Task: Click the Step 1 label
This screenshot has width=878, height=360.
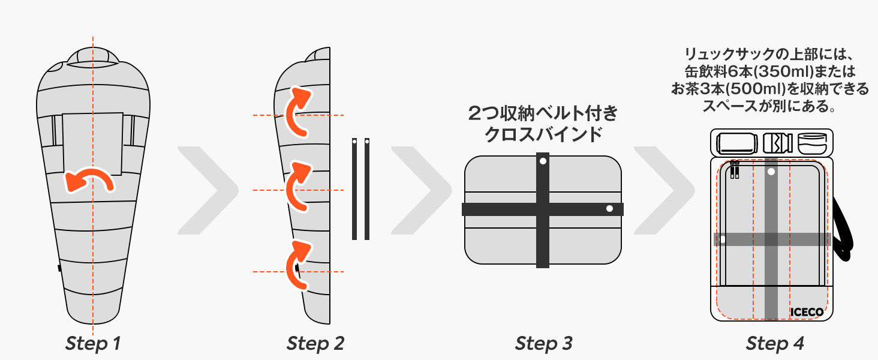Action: (x=93, y=344)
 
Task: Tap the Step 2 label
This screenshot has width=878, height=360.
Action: (x=315, y=344)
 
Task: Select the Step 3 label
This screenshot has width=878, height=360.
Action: (x=543, y=344)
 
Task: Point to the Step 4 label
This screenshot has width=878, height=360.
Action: (x=775, y=344)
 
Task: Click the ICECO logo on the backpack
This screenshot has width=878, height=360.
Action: (x=807, y=312)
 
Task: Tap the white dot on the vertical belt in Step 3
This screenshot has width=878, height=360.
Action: (x=543, y=161)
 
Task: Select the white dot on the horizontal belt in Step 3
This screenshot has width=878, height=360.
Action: (x=609, y=209)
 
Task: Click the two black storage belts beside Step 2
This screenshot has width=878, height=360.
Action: (x=360, y=189)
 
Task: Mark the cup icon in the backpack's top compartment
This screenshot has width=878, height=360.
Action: (x=812, y=143)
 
